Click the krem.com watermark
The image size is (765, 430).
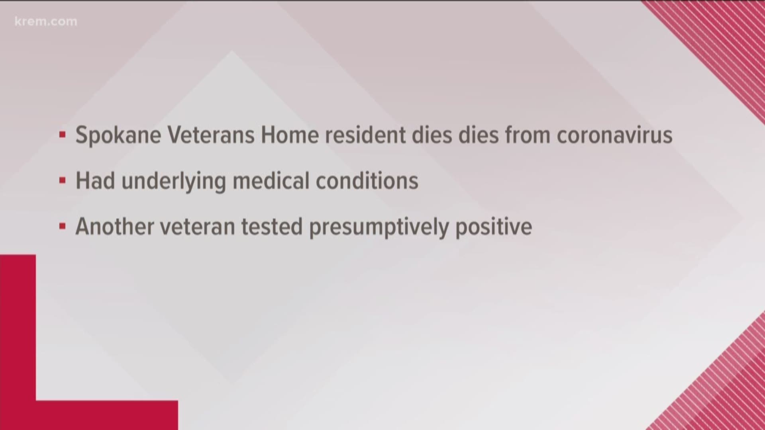(46, 21)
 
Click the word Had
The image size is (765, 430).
(95, 181)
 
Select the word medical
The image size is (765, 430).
(271, 181)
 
